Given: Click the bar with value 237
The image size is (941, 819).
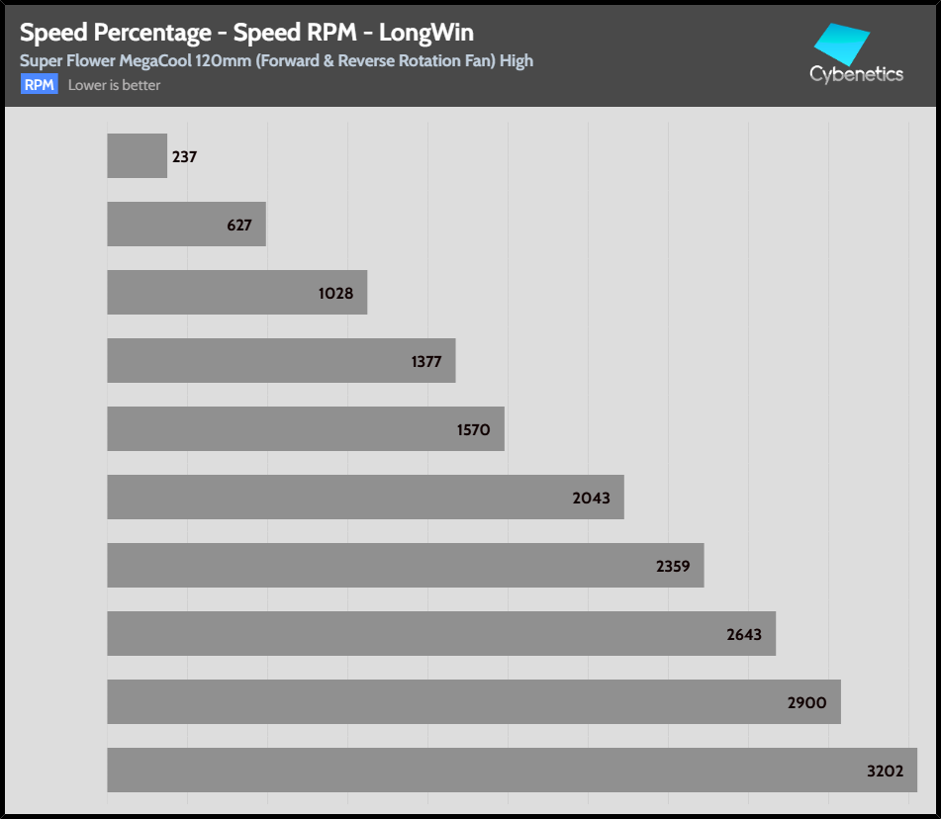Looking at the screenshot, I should pyautogui.click(x=137, y=156).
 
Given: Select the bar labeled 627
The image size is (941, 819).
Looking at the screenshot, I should pyautogui.click(x=178, y=225).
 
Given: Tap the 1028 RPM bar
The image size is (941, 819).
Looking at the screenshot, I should pyautogui.click(x=228, y=293).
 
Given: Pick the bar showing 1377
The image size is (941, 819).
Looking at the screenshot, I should pyautogui.click(x=267, y=361).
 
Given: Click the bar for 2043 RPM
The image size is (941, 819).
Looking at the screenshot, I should pyautogui.click(x=346, y=497).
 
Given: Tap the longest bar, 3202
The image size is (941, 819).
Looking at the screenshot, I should pyautogui.click(x=495, y=770).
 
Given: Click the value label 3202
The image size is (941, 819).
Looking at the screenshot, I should pyautogui.click(x=884, y=771).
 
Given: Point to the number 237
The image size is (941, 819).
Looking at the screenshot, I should pyautogui.click(x=184, y=157).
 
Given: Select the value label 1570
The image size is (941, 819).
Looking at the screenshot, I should pyautogui.click(x=473, y=429).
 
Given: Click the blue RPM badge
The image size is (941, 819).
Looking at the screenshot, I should pyautogui.click(x=40, y=85).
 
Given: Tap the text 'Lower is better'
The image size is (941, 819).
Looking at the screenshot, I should pyautogui.click(x=114, y=85).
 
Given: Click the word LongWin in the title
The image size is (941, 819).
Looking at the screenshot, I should pyautogui.click(x=426, y=34).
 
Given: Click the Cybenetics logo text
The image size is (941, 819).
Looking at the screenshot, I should pyautogui.click(x=856, y=74).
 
